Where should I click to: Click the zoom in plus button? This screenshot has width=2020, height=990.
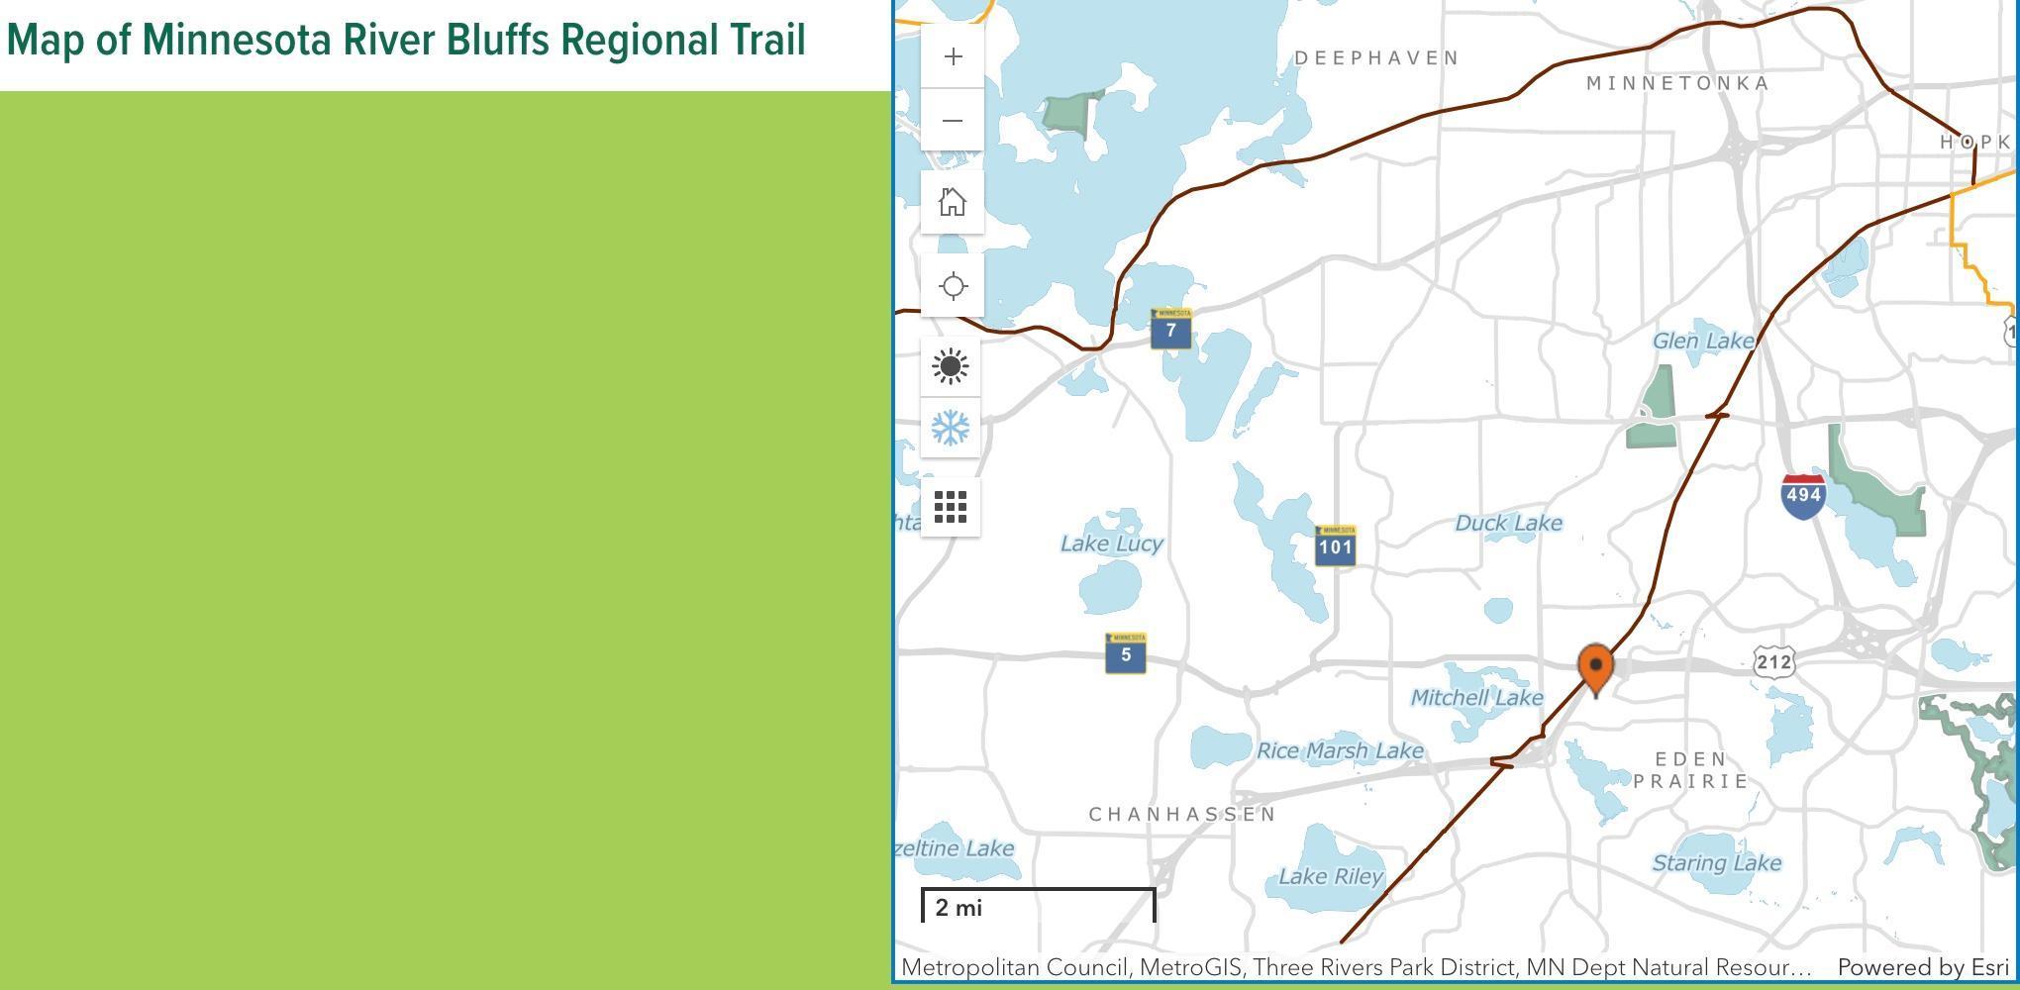pos(953,57)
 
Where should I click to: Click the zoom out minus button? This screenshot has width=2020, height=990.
pos(953,121)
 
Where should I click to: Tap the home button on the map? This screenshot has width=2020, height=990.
pos(953,202)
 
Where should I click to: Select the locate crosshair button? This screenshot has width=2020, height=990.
pos(953,286)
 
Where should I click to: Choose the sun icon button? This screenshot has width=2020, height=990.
pos(951,366)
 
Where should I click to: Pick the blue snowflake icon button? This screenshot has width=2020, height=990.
pos(951,428)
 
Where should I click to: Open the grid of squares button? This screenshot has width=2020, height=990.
pos(951,507)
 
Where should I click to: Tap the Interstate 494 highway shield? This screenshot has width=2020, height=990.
pos(1802,495)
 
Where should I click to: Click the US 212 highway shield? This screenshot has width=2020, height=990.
pos(1773,661)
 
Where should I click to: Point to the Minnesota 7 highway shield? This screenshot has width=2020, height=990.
pos(1171,330)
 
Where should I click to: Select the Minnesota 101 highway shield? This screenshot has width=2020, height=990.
pos(1335,545)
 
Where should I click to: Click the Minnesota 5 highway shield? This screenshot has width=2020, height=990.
pos(1126,653)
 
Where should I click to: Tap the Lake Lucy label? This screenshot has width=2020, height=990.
pos(1111,544)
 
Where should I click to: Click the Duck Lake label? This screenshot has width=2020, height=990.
pos(1508,523)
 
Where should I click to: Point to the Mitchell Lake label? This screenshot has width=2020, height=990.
pos(1476,698)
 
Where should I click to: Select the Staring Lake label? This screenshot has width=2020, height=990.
pos(1716,863)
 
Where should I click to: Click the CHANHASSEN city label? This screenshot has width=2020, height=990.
pos(1182,814)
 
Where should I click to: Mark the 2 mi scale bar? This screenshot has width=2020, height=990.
pos(1038,906)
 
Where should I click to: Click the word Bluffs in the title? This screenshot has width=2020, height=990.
pos(497,41)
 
